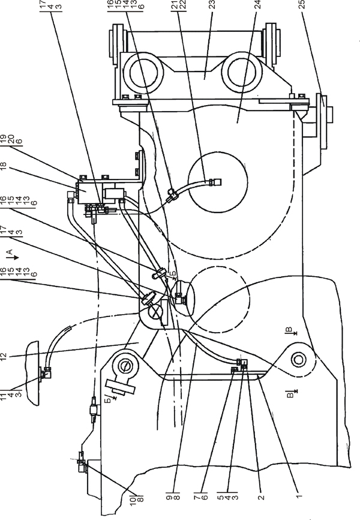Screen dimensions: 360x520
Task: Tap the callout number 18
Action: coord(4,166)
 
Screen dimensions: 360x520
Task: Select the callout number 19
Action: coord(4,137)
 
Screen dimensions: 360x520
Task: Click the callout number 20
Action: coord(11,137)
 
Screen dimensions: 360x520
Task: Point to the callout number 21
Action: coord(175,4)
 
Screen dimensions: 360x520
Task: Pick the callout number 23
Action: coord(212,4)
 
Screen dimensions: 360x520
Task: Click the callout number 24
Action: coord(257,4)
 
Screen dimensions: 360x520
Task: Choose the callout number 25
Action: coord(302,4)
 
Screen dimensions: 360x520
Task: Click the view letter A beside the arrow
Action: coord(10,252)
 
